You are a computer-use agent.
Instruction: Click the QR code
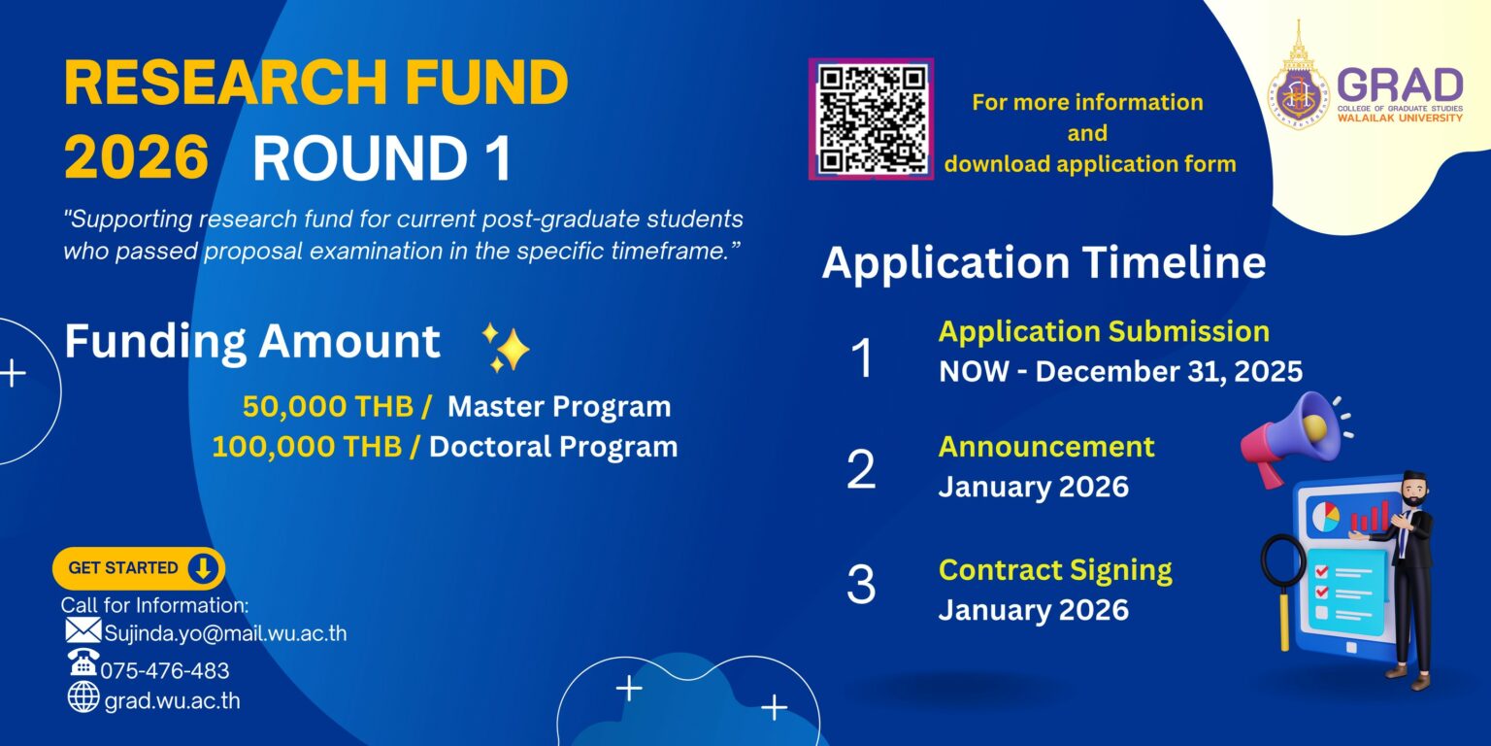coord(871,119)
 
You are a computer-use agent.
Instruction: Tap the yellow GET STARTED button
coord(138,568)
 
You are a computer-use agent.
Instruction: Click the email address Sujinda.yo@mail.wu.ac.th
coord(225,634)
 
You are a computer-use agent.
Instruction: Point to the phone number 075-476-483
coord(165,670)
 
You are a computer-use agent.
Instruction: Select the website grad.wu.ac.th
coord(172,700)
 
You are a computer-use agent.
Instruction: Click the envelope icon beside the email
coord(83,631)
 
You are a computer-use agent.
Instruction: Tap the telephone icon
coord(83,663)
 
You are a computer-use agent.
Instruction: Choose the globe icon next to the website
coord(83,696)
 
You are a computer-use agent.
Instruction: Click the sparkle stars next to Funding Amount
coord(506,348)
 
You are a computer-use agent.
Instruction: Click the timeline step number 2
coord(861,469)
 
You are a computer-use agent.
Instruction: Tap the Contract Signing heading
coord(1055,569)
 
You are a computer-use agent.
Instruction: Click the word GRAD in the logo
coord(1400,85)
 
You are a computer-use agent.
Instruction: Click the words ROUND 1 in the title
coord(381,158)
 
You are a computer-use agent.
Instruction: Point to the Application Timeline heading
coord(1044,263)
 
